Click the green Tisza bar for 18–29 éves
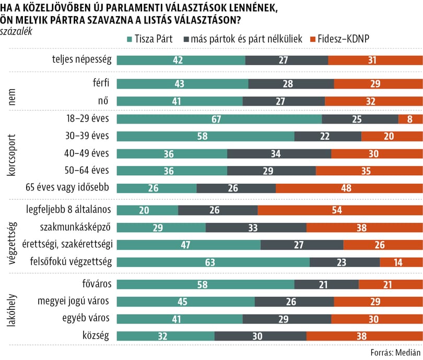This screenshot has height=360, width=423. click(219, 119)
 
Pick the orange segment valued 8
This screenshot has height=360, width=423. click(410, 119)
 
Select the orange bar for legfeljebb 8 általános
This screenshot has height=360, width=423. click(340, 210)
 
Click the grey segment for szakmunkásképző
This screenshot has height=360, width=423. click(256, 227)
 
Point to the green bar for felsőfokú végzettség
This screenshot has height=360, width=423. click(213, 262)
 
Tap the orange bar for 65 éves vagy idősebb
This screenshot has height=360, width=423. click(349, 188)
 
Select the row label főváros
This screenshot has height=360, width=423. click(97, 285)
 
